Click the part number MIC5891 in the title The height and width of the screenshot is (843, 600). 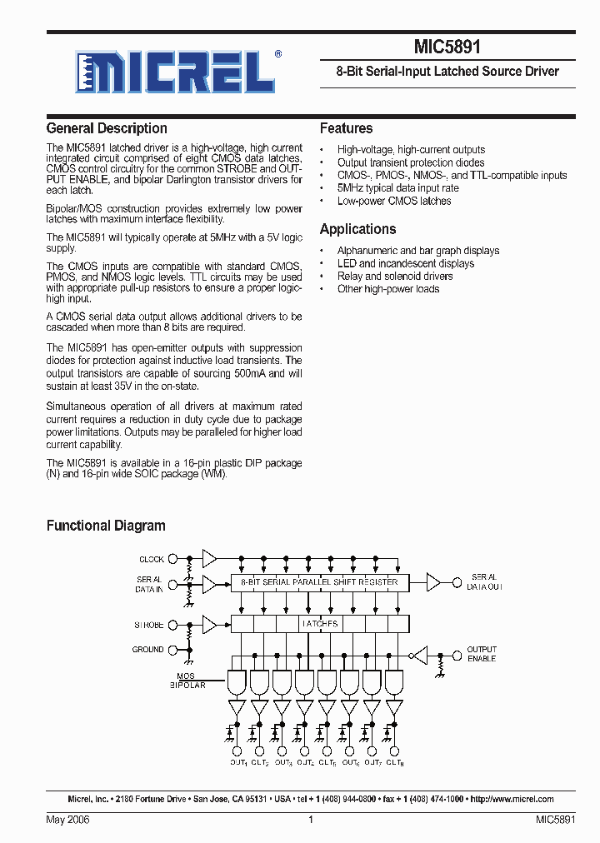point(447,48)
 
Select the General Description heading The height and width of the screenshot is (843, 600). point(107,128)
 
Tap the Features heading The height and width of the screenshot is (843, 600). point(346,128)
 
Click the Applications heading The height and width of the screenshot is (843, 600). point(357,229)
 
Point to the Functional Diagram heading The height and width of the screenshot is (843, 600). point(106,526)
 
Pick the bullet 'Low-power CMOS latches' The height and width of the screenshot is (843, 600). point(393,201)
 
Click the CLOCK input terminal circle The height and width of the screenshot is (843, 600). point(172,559)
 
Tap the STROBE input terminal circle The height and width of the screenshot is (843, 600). point(172,624)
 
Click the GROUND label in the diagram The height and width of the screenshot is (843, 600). point(147,649)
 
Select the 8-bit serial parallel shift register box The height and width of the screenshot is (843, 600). point(319,581)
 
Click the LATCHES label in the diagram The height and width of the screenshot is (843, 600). point(319,624)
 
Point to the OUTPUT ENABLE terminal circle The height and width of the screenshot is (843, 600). point(457,654)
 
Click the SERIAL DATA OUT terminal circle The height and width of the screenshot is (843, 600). point(457,581)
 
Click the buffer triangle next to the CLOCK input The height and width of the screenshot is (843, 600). point(209,559)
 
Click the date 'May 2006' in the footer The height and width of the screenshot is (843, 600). point(67,820)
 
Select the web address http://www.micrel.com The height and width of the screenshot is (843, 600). point(512,799)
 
